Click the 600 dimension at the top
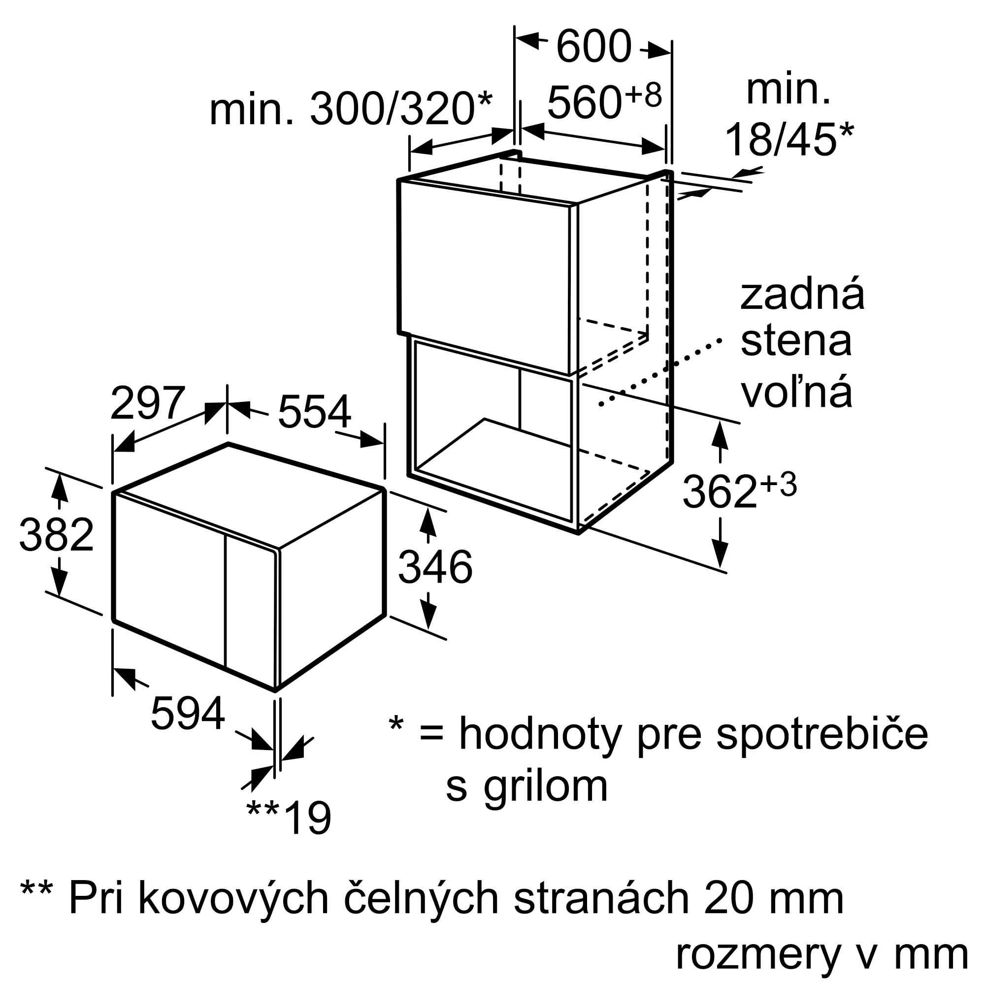[x=593, y=47]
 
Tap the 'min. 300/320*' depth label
[x=351, y=108]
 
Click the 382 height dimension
[x=57, y=535]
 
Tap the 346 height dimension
[x=435, y=567]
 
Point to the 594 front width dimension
[x=188, y=714]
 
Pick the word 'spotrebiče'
[x=822, y=734]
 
